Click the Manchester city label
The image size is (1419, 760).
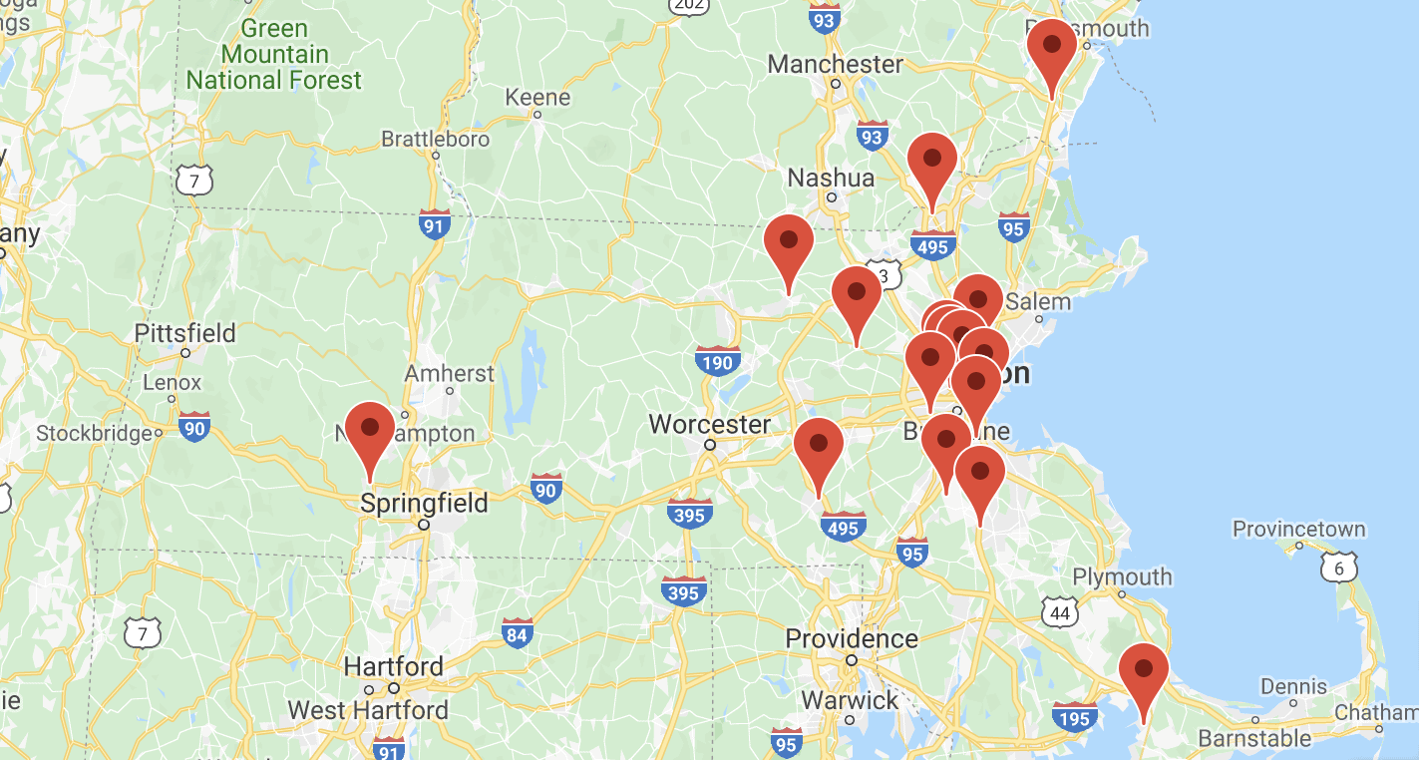click(x=835, y=64)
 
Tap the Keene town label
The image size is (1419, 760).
click(x=537, y=98)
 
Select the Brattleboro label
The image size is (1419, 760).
click(x=436, y=139)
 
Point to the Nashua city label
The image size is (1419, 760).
click(x=831, y=179)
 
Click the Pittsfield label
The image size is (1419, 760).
click(x=185, y=333)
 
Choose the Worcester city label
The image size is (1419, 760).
click(x=709, y=425)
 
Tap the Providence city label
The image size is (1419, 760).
click(x=852, y=638)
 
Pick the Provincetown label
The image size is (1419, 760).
click(x=1299, y=529)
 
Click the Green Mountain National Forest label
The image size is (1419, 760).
click(x=273, y=54)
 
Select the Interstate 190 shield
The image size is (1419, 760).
click(x=718, y=361)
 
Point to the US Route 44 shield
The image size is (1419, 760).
click(x=1059, y=612)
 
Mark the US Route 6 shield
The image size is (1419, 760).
click(x=1338, y=568)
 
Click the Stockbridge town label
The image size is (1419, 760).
click(x=96, y=433)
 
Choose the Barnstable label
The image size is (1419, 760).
click(x=1254, y=738)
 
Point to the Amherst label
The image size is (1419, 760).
click(x=449, y=374)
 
